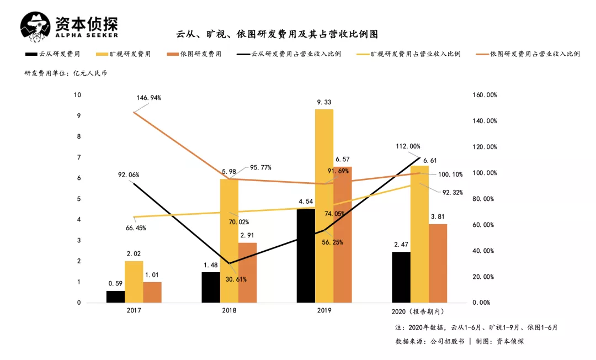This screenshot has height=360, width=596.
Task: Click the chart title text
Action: pyautogui.click(x=277, y=34)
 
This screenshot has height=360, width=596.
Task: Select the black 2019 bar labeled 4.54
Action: pyautogui.click(x=306, y=256)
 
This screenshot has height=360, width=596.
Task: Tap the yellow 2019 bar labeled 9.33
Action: pyautogui.click(x=324, y=206)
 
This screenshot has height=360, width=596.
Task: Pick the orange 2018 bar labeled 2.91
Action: pyautogui.click(x=248, y=273)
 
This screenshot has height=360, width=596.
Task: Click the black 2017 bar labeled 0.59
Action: pyautogui.click(x=115, y=297)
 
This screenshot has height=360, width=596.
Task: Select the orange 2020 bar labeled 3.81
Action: pyautogui.click(x=438, y=263)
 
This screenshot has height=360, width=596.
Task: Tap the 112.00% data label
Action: pyautogui.click(x=408, y=146)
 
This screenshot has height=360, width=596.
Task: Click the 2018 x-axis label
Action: pyautogui.click(x=229, y=311)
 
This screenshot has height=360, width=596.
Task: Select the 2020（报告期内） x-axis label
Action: pyautogui.click(x=419, y=311)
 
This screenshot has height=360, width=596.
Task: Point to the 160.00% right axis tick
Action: pyautogui.click(x=485, y=95)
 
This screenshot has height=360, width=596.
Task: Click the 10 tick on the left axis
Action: pyautogui.click(x=77, y=95)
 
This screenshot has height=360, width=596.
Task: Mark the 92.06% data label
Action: pyautogui.click(x=129, y=175)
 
